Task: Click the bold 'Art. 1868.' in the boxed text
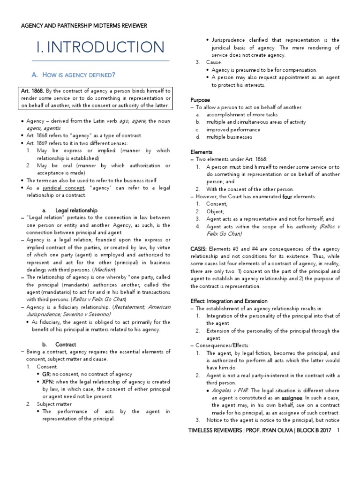32,90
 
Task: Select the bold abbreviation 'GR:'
46,374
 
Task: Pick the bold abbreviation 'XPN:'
49,382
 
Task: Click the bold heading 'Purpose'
200,100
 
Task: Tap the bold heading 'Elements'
202,152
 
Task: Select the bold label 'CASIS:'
200,249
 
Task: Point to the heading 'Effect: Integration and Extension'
229,301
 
